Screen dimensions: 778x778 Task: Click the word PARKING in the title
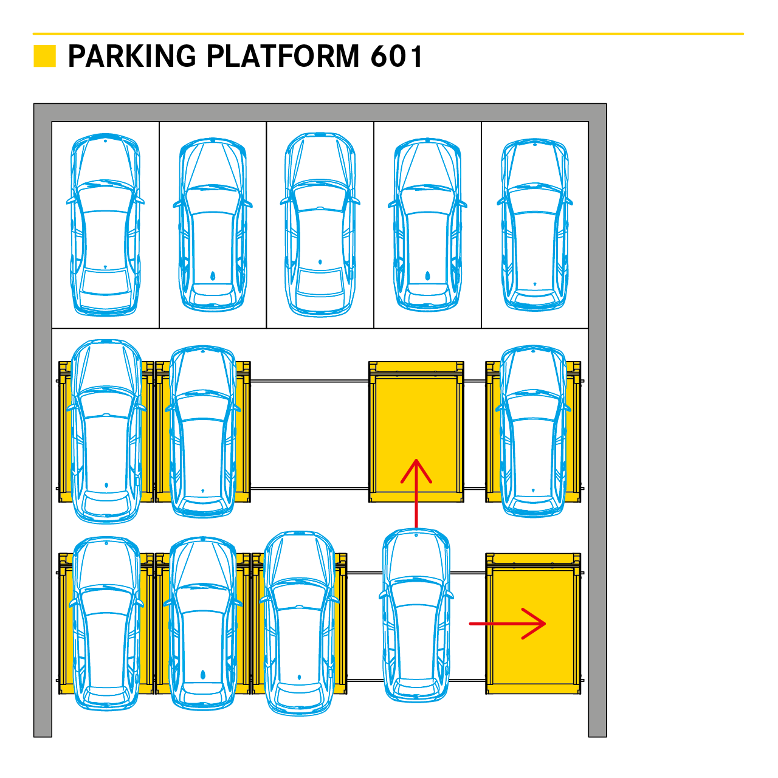132,56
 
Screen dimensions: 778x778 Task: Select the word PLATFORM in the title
283,56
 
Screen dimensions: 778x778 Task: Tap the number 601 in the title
396,56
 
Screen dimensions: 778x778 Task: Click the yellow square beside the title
44,56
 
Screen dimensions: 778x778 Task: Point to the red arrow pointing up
416,494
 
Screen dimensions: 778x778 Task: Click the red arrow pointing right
508,624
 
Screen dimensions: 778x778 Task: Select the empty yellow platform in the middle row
416,432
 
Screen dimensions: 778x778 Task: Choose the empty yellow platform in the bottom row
533,624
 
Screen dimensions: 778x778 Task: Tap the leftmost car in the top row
105,224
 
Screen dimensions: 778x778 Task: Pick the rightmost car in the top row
534,224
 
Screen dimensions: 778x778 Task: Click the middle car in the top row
320,224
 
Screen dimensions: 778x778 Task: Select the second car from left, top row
213,225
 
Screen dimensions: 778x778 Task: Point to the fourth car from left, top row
427,225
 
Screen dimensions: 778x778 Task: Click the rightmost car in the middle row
533,431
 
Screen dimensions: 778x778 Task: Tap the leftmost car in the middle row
106,431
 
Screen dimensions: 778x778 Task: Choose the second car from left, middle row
202,431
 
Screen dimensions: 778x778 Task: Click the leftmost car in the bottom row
106,624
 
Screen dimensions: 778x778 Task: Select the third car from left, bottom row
299,624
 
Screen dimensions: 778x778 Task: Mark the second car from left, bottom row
202,624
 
